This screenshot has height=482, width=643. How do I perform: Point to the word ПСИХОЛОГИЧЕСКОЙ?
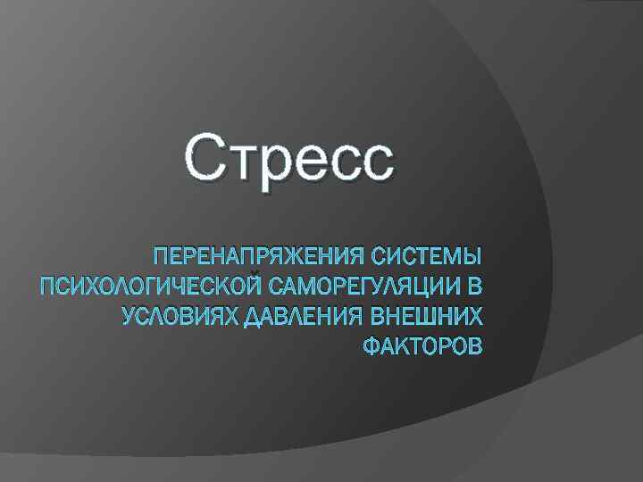click(x=151, y=287)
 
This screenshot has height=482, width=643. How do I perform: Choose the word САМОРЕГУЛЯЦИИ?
click(x=364, y=287)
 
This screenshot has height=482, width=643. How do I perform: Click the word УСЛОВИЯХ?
click(x=180, y=316)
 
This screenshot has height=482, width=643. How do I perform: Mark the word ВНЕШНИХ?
click(x=427, y=316)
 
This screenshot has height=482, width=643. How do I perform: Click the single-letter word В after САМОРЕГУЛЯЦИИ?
click(x=474, y=287)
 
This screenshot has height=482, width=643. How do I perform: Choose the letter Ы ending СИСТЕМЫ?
click(x=471, y=259)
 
